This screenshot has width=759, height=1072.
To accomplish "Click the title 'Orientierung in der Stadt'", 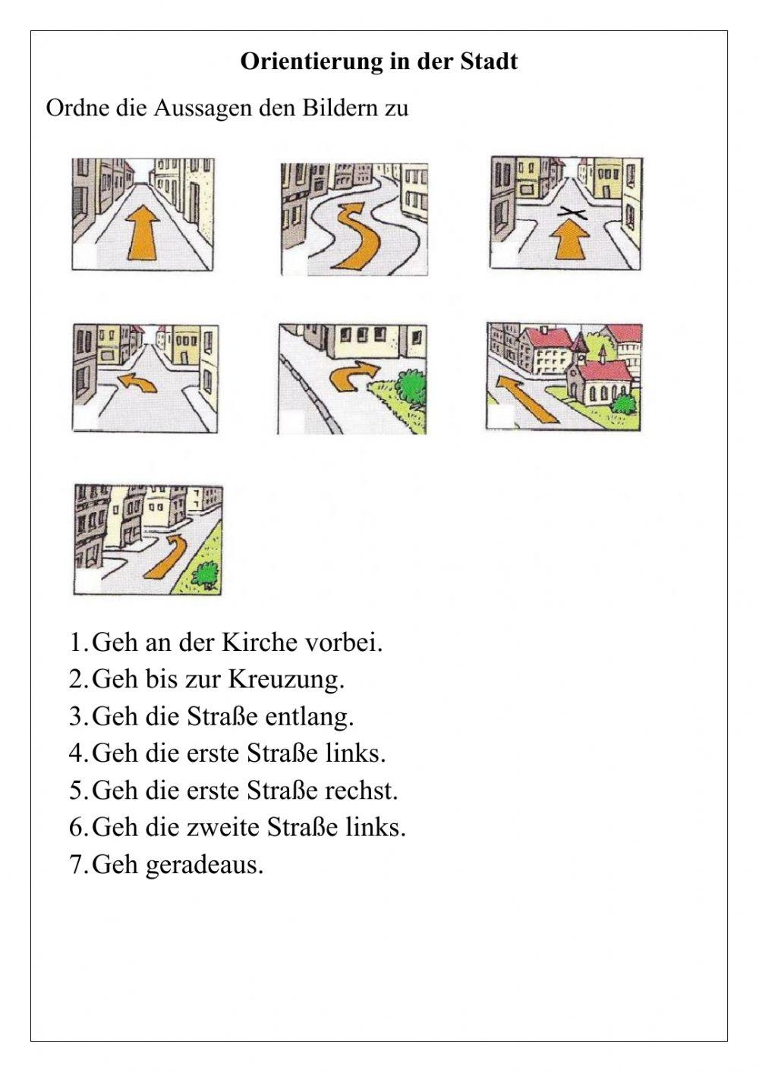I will coord(379,61).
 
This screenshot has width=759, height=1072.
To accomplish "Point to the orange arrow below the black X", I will coord(569,241).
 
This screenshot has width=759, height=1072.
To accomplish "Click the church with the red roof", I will coord(600,376).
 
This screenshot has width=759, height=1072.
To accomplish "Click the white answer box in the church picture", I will coord(499,417).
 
